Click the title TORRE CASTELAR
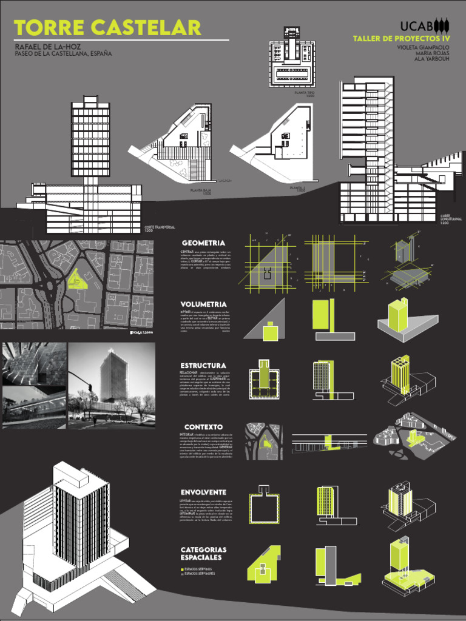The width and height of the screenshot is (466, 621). [107, 28]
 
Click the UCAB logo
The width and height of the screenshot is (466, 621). [425, 26]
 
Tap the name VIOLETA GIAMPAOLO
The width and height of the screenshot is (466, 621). [424, 47]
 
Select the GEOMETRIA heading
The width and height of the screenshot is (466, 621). [203, 243]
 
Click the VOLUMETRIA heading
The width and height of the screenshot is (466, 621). [204, 304]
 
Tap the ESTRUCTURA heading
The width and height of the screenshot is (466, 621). [203, 366]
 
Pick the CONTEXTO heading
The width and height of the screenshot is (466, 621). [203, 427]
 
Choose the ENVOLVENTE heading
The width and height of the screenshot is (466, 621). [203, 491]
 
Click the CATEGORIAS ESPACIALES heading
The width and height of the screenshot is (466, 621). [203, 553]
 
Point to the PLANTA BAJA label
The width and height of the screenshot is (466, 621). [200, 191]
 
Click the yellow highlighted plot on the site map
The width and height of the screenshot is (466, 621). [77, 278]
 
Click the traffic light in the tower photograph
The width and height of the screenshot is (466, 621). [90, 388]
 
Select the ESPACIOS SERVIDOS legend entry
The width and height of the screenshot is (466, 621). [199, 569]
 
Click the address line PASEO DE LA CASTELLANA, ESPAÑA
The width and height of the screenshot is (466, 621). [63, 54]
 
